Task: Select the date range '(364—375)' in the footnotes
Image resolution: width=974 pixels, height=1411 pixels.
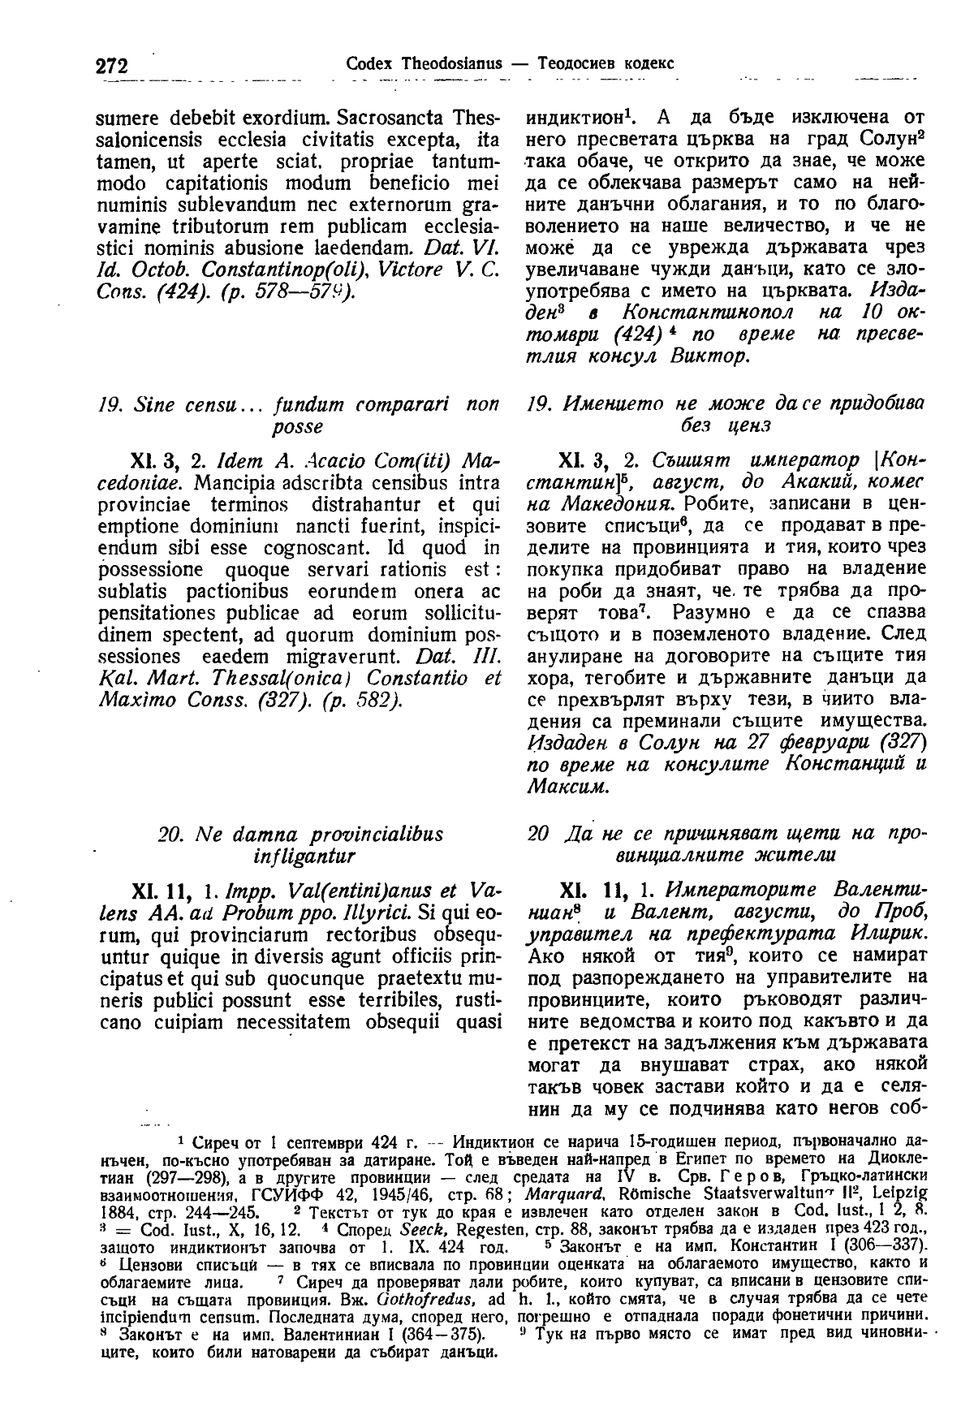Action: (444, 1335)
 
